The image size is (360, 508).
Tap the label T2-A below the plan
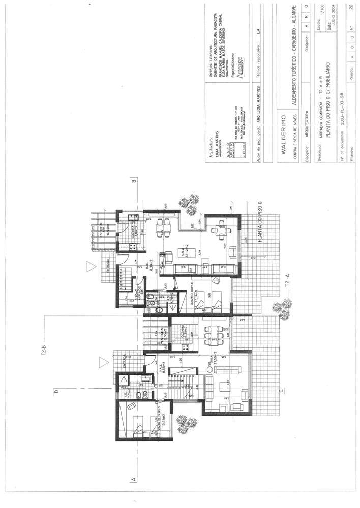point(288,282)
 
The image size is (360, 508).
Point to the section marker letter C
point(281,391)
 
